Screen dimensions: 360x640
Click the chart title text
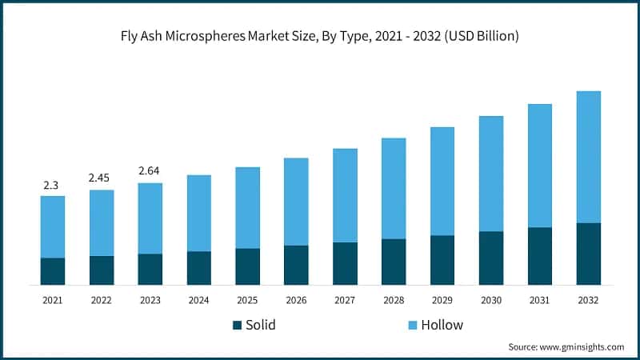320,36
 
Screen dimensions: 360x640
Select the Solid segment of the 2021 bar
53,271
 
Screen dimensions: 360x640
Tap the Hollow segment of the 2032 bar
589,157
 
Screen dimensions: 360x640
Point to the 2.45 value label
102,178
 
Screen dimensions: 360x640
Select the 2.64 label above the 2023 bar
150,170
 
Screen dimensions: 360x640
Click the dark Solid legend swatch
237,325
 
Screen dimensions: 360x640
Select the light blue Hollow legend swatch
413,325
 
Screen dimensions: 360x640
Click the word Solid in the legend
261,325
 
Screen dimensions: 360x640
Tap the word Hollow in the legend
443,325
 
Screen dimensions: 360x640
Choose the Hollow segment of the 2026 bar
296,202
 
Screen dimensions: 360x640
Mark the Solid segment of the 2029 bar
442,260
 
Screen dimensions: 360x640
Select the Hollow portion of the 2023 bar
150,218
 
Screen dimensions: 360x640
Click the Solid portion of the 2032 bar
589,254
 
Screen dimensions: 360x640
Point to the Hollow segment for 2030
491,174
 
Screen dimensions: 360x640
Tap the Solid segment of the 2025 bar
247,266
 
